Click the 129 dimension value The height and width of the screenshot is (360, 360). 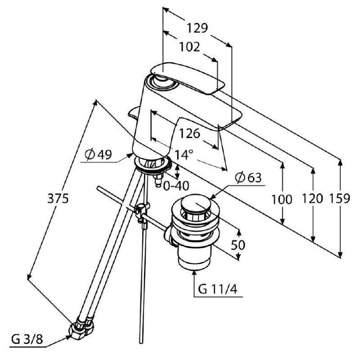tap(197, 28)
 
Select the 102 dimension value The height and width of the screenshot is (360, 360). tap(189, 47)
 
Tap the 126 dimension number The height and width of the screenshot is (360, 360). tap(189, 134)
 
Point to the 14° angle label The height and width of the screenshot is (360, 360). tap(184, 154)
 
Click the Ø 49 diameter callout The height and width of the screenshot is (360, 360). tap(98, 154)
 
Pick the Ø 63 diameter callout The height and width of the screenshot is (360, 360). tap(248, 178)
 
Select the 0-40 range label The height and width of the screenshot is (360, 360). tap(176, 186)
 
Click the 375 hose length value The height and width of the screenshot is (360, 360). tap(58, 198)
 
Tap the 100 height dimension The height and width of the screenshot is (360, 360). tap(282, 199)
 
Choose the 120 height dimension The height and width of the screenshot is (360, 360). tap(312, 198)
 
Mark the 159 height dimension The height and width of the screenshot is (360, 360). tap(340, 198)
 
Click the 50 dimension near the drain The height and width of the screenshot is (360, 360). tap(238, 245)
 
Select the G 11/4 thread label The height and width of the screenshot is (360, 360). tap(217, 289)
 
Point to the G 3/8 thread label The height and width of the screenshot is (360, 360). tap(27, 339)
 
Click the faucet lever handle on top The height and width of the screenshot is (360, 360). tap(188, 77)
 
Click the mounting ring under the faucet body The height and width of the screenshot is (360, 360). tap(153, 164)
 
